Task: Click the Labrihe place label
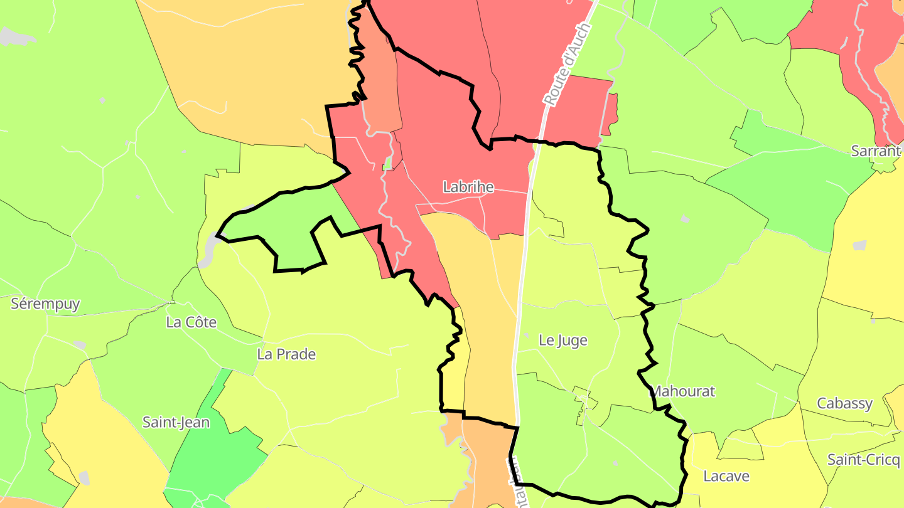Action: click(x=468, y=187)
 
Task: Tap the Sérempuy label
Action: click(x=46, y=304)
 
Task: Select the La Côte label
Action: click(x=191, y=322)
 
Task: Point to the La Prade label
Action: click(x=286, y=354)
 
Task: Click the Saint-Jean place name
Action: click(x=176, y=422)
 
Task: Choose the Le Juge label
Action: click(x=563, y=341)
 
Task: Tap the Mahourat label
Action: click(x=683, y=391)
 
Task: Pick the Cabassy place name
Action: click(x=844, y=403)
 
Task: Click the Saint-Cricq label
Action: click(x=863, y=460)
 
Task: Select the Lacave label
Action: click(x=726, y=476)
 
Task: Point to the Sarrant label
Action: click(x=876, y=151)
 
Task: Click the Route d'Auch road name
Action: click(x=568, y=65)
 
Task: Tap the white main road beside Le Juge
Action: click(x=520, y=326)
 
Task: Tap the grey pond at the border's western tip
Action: click(x=208, y=251)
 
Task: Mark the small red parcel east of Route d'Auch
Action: click(x=581, y=103)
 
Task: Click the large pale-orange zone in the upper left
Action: click(x=251, y=63)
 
